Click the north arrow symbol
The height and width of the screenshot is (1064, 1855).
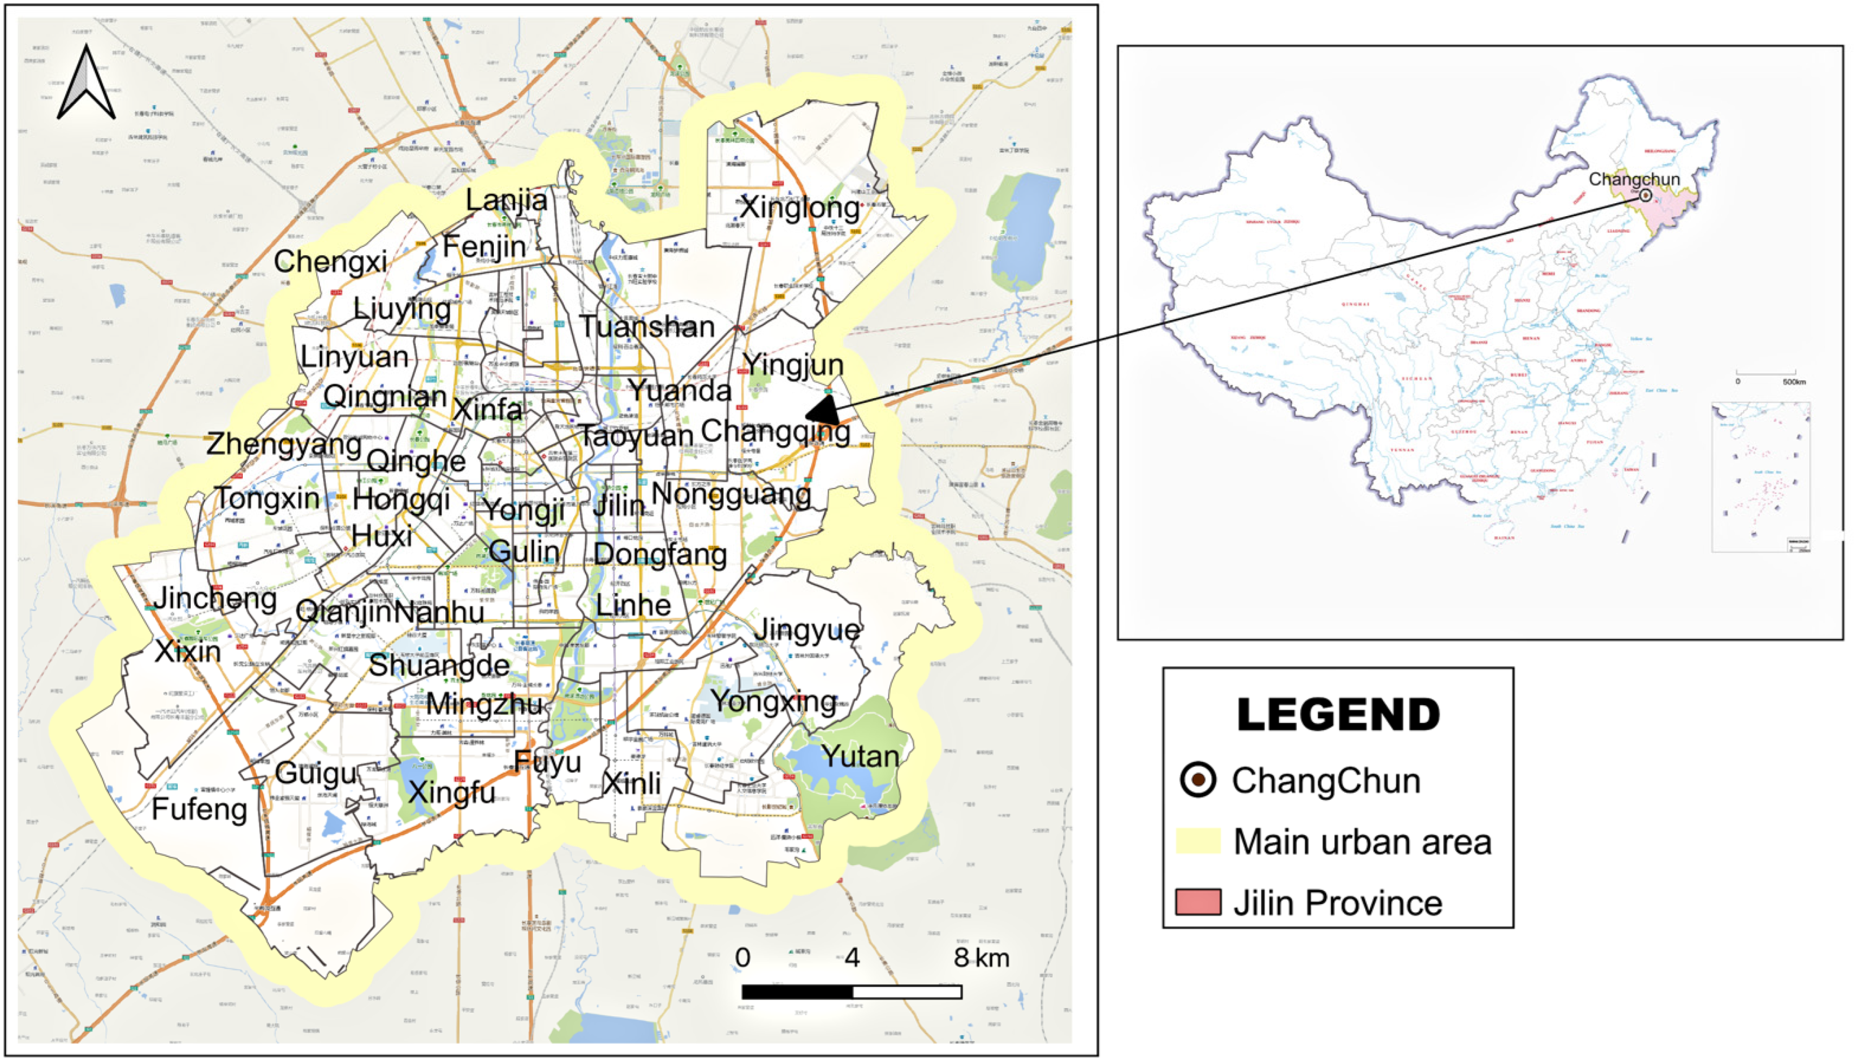click(x=86, y=84)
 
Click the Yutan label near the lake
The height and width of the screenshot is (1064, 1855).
click(x=859, y=756)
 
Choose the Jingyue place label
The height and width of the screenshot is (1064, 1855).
click(x=806, y=630)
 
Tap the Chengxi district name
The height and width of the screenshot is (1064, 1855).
click(x=330, y=261)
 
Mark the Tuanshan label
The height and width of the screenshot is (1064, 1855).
click(x=647, y=326)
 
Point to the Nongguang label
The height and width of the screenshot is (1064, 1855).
click(x=731, y=495)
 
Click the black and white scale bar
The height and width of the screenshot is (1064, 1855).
click(x=852, y=992)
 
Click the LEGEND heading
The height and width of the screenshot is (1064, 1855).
click(x=1338, y=714)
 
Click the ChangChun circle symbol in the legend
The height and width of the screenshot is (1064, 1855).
click(x=1198, y=780)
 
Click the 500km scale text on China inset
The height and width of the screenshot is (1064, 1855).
click(x=1794, y=381)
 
